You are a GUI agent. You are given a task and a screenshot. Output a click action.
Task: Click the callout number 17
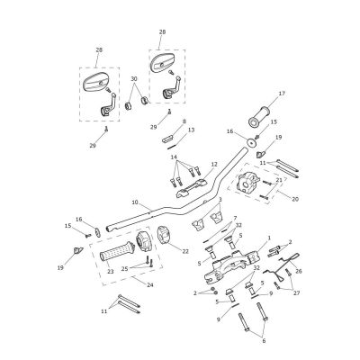[282, 94]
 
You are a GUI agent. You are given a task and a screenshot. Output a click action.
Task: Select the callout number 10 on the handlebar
[135, 202]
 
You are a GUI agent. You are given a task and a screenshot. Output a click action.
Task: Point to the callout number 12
[214, 164]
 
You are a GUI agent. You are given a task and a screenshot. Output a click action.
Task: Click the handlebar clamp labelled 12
[192, 188]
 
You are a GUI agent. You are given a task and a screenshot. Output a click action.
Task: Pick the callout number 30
[134, 78]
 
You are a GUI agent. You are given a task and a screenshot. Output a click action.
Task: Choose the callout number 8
[184, 121]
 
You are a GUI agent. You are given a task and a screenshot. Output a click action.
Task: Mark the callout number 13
[191, 130]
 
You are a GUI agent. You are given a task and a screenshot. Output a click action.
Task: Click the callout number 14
[175, 157]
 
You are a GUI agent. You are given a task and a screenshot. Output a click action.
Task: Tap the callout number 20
[295, 199]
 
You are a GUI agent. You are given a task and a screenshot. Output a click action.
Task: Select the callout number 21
[279, 180]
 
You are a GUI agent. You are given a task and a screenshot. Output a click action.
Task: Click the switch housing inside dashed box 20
[247, 182]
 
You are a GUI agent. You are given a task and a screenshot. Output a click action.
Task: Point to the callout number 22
[185, 251]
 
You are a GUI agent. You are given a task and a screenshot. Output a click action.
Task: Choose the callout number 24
[149, 284]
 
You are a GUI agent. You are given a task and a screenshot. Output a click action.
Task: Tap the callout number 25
[125, 269]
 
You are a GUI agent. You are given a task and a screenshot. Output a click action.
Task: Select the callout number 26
[299, 271]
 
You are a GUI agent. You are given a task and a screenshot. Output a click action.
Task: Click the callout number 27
[297, 293]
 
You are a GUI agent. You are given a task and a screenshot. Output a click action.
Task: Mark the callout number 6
[264, 341]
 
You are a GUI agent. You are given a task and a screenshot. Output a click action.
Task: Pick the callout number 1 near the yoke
[269, 238]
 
